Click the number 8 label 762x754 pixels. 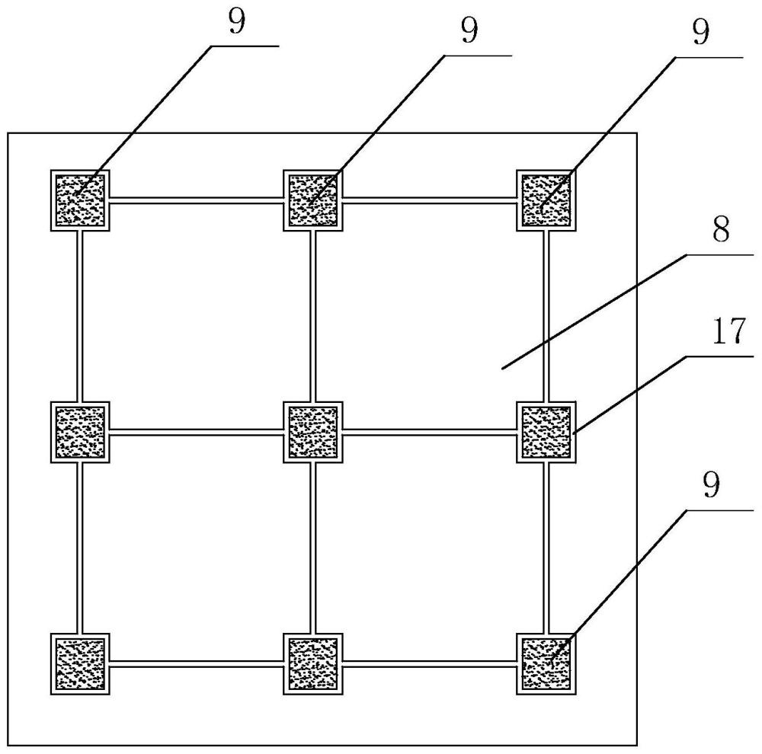(x=721, y=229)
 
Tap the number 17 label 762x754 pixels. (x=728, y=331)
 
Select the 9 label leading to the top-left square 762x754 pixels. (x=237, y=22)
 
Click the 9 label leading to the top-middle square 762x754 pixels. (x=469, y=30)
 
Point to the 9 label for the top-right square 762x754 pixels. (x=700, y=33)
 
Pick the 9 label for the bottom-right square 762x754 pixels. (x=711, y=485)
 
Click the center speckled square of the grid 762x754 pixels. (x=313, y=432)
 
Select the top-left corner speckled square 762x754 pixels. (x=80, y=200)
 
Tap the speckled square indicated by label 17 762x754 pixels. (x=546, y=432)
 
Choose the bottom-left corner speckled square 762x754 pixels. (x=80, y=663)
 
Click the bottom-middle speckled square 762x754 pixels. (x=313, y=663)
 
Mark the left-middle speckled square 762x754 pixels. (x=80, y=432)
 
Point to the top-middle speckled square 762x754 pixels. (x=313, y=200)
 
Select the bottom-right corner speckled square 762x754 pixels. (x=546, y=663)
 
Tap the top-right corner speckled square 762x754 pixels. (x=546, y=200)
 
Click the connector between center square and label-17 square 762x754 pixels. (x=430, y=432)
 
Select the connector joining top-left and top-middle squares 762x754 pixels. (x=197, y=200)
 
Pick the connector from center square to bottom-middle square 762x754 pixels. (x=313, y=548)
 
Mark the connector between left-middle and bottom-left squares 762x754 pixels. (x=80, y=548)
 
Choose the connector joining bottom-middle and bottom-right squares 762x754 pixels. (x=430, y=663)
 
